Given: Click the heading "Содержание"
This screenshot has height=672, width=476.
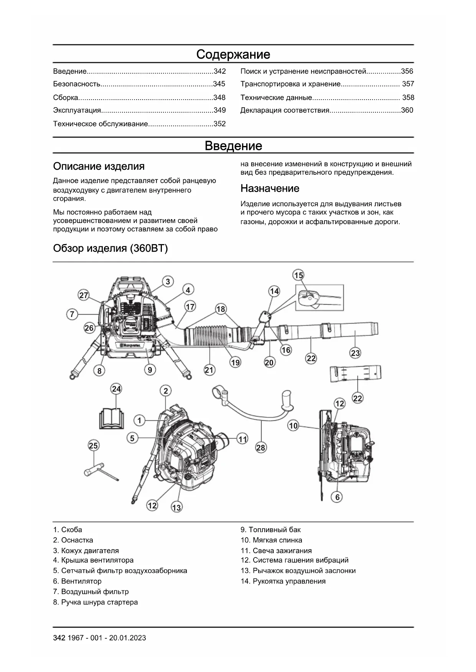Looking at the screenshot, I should [233, 54].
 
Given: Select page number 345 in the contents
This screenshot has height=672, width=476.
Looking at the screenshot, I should [219, 84].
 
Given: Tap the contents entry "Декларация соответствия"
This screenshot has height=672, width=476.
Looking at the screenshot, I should [285, 110].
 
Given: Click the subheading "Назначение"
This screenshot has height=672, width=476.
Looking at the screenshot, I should [270, 188].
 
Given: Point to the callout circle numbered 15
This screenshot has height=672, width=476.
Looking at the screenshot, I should [298, 275].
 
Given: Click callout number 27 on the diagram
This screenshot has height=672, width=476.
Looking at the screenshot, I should [84, 295].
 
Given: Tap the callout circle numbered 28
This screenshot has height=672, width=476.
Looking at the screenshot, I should [260, 447].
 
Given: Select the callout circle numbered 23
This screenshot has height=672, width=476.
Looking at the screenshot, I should [355, 353].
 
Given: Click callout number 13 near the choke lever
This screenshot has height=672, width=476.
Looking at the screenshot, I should [176, 508].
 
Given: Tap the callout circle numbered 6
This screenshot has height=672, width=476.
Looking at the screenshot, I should [337, 497].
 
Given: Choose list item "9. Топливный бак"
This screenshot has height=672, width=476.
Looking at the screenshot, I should [270, 530].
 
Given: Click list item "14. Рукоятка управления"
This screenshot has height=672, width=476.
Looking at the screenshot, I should [283, 581].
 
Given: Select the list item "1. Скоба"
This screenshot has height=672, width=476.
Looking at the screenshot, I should [68, 530].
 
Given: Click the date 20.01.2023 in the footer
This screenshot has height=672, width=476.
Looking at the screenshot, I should [127, 638].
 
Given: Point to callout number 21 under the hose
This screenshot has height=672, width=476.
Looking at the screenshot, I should [209, 370].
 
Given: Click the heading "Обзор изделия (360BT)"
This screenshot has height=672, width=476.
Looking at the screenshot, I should [110, 249].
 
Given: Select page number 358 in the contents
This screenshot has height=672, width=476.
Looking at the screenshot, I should [408, 98].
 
